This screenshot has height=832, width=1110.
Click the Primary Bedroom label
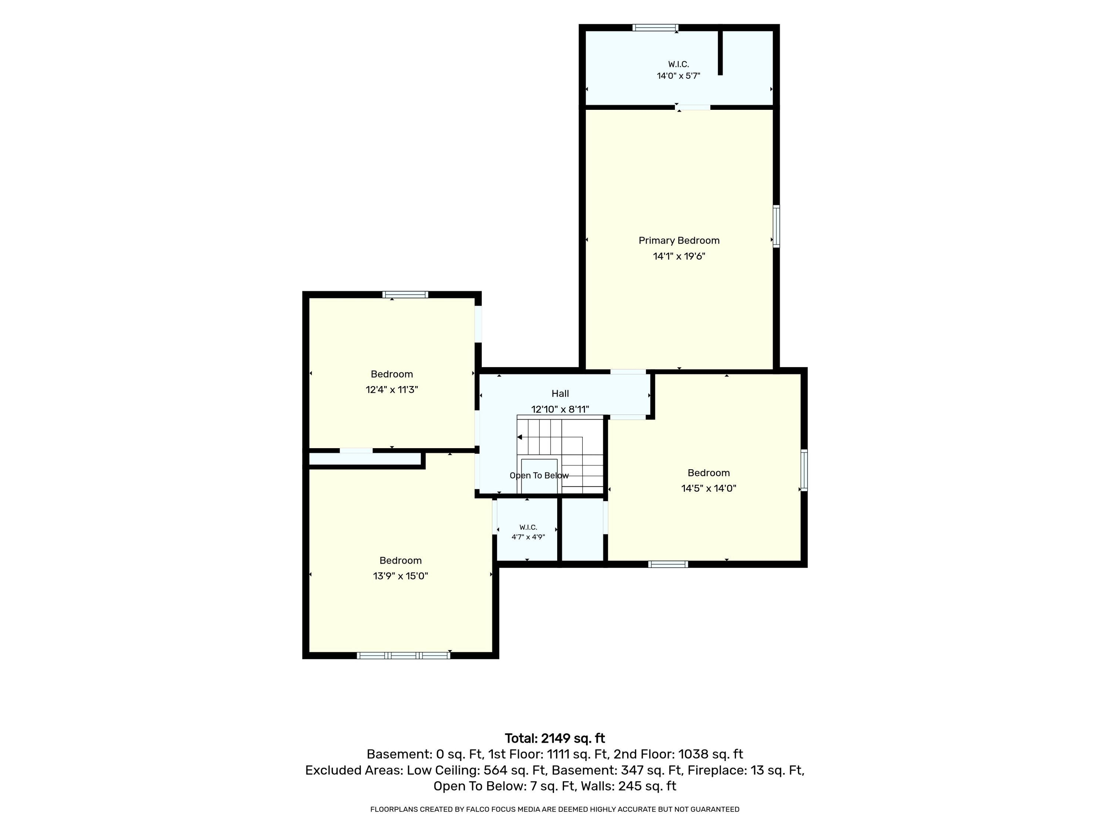[x=679, y=241]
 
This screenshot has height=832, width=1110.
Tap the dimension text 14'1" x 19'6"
[x=679, y=256]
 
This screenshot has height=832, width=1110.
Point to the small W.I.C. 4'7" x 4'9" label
[x=528, y=532]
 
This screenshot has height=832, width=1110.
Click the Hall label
[x=560, y=394]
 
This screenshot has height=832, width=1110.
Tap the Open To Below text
[x=539, y=476]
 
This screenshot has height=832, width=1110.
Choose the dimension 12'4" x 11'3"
[x=392, y=390]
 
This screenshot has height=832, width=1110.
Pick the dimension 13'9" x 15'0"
[x=400, y=576]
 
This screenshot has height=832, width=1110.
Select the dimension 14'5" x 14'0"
[x=709, y=488]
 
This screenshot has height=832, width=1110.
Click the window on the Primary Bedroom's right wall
[x=776, y=226]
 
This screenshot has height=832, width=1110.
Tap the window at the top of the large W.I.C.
[x=655, y=28]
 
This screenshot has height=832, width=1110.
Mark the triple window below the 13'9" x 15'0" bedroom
[x=403, y=655]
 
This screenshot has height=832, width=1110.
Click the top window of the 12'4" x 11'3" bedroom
[x=405, y=294]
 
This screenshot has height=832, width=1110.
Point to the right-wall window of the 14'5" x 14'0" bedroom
[x=804, y=470]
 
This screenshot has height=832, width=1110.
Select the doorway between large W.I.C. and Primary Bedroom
[x=693, y=107]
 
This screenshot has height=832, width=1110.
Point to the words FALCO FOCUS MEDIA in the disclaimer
[x=503, y=809]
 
